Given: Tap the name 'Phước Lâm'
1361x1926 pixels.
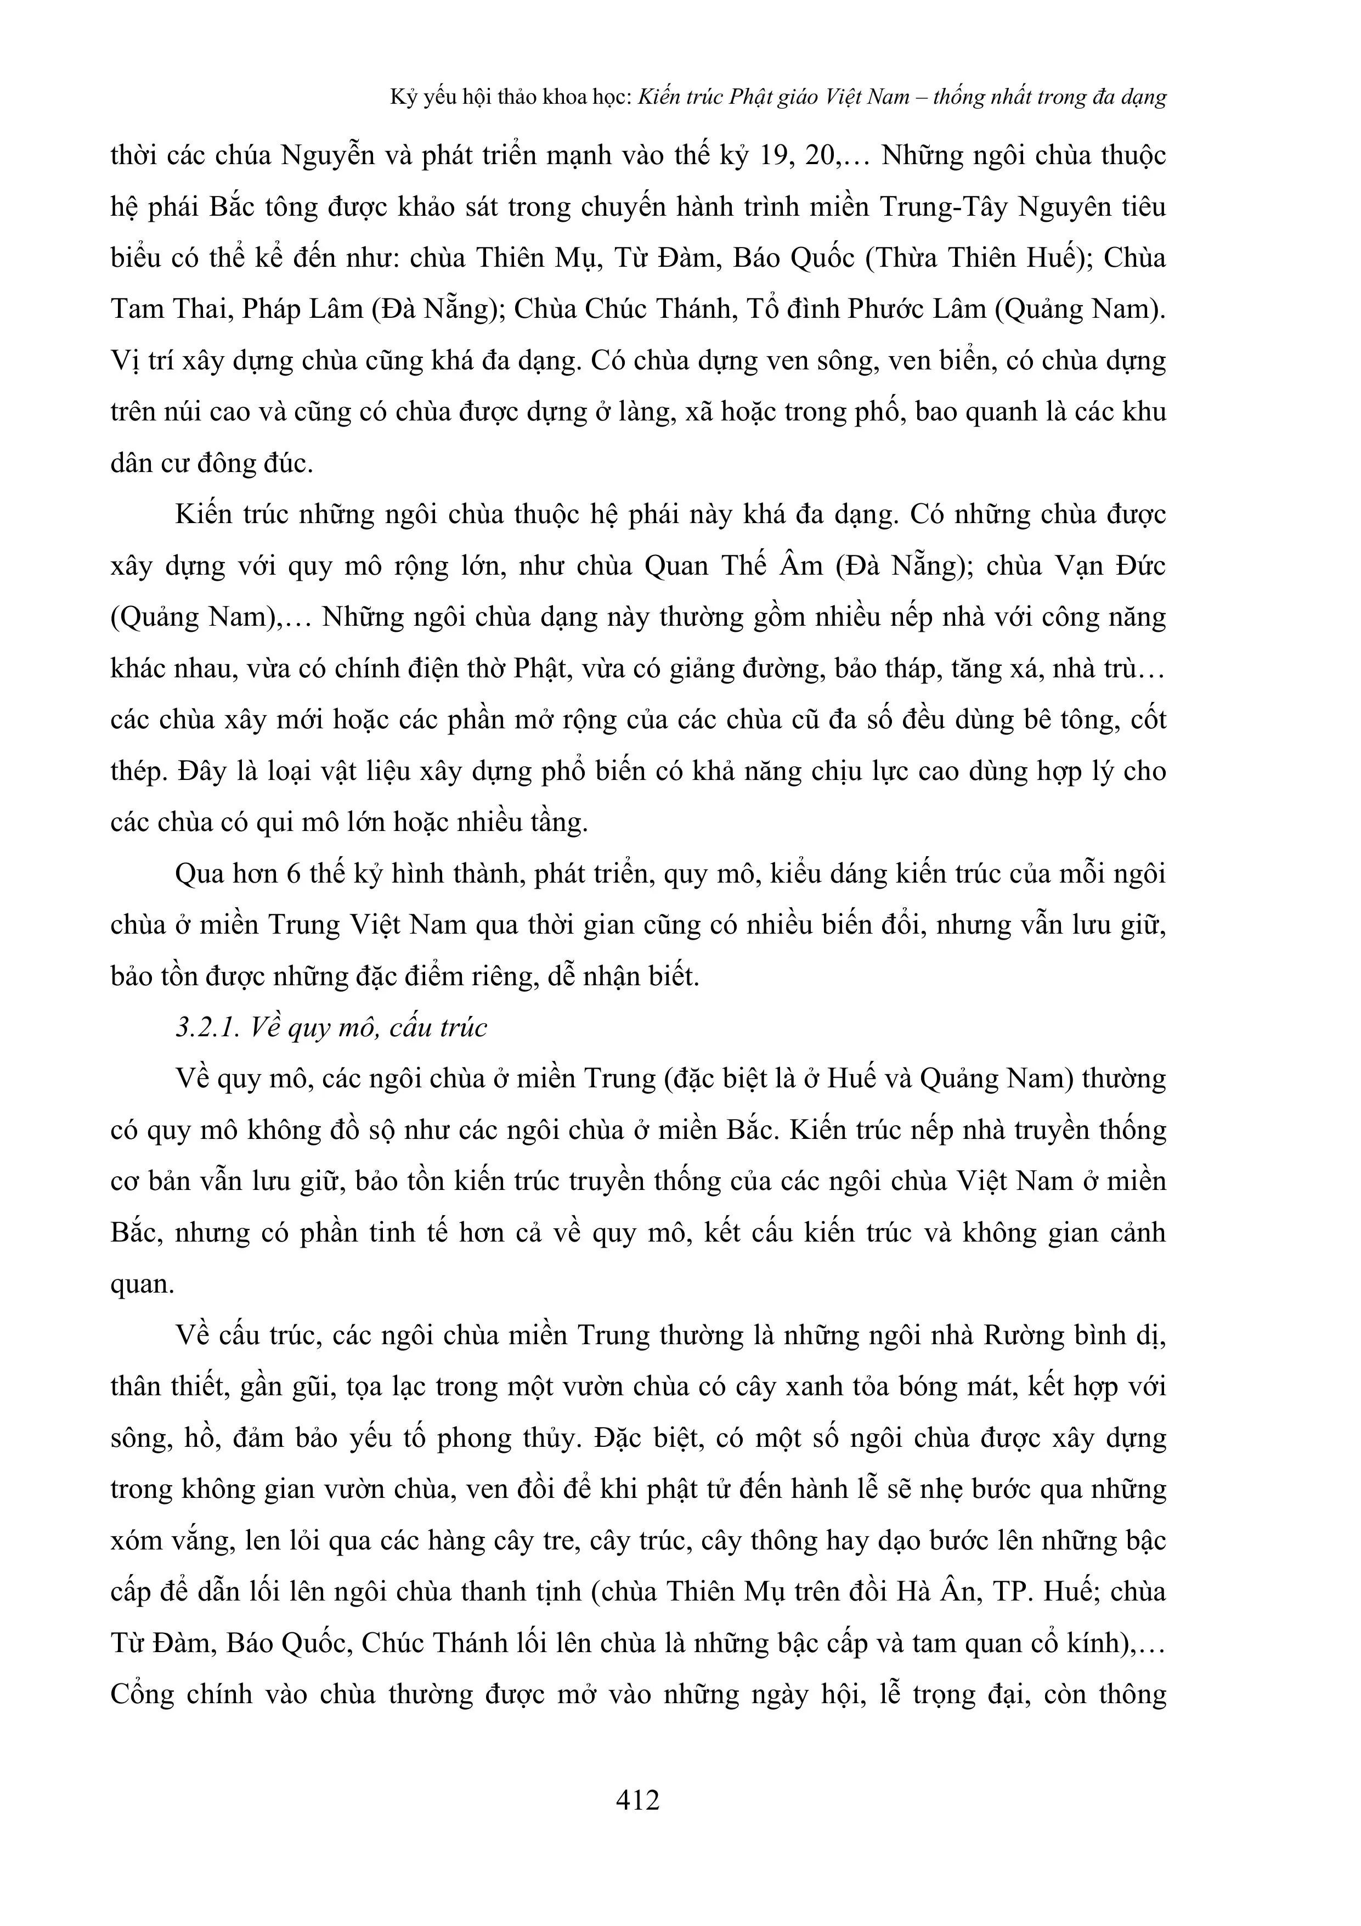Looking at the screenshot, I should tap(916, 310).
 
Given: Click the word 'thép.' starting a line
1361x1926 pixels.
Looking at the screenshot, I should tap(139, 772).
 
